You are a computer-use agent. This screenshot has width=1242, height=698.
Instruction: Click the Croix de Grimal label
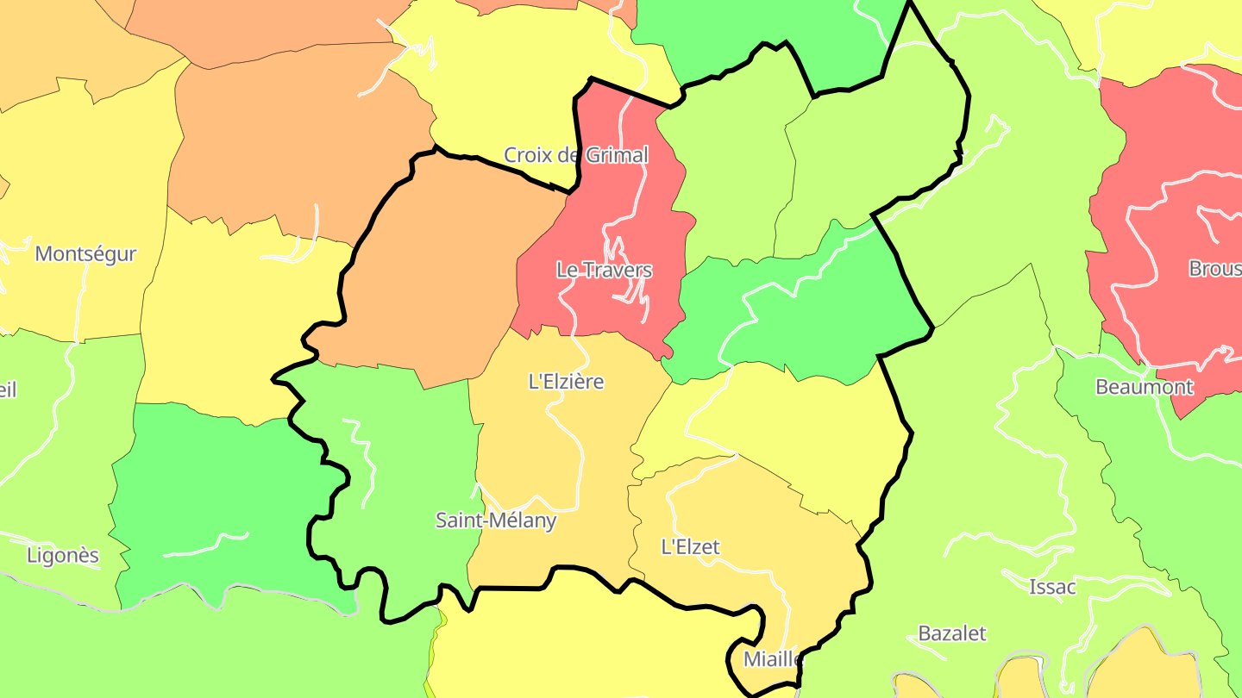click(x=575, y=155)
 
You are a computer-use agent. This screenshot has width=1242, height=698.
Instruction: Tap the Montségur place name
click(x=86, y=254)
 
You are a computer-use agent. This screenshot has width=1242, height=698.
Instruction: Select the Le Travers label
click(x=604, y=270)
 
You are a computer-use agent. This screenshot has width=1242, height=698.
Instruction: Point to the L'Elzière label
click(x=566, y=381)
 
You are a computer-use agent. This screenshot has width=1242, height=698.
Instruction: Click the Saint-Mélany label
click(x=496, y=520)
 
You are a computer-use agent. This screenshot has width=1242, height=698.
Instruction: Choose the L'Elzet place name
click(x=690, y=546)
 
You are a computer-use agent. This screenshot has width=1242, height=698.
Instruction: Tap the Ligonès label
click(x=63, y=556)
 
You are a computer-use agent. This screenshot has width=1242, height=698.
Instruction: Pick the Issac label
click(x=1053, y=588)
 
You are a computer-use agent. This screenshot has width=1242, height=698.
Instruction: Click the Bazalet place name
click(x=952, y=633)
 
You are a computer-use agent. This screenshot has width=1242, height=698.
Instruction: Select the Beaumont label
click(x=1145, y=387)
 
